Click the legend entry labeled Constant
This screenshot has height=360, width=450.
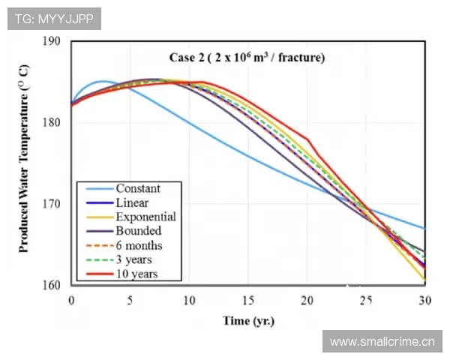tap(138, 188)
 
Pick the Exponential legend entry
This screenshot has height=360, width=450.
tap(145, 217)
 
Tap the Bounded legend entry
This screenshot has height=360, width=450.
tap(137, 231)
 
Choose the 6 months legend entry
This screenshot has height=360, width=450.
tap(139, 245)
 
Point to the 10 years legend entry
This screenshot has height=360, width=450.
tap(137, 274)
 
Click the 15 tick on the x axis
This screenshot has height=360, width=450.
tap(247, 300)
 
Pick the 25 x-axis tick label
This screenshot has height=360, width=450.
tap(365, 300)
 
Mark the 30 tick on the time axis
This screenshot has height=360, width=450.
tap(424, 300)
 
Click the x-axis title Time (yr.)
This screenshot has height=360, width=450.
tap(248, 321)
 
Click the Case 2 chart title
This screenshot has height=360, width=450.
tap(247, 57)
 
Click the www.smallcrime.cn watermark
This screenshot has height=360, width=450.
tap(382, 342)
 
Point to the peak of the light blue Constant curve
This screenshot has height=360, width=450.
tap(103, 81)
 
